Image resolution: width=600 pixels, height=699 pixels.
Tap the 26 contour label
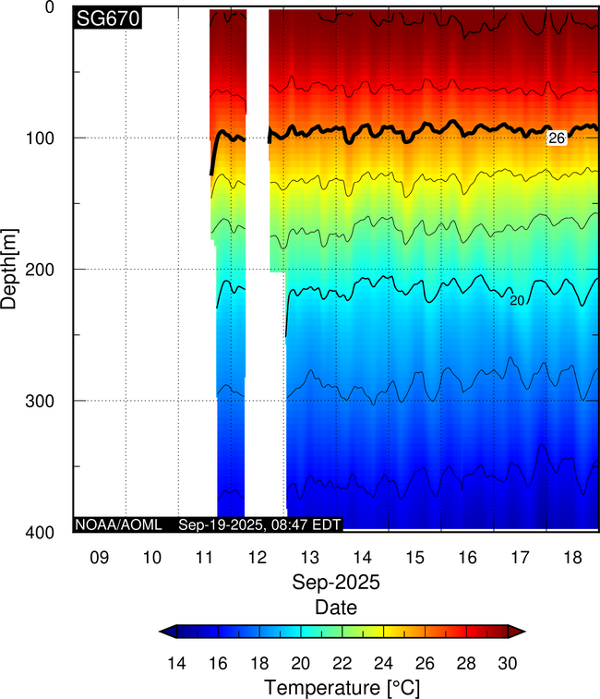(x=556, y=138)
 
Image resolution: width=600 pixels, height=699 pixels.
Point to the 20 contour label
(x=517, y=300)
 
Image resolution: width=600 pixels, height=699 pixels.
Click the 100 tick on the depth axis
(x=49, y=138)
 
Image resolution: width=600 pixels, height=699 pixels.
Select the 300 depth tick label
(x=49, y=401)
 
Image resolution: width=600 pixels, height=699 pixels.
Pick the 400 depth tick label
(x=49, y=532)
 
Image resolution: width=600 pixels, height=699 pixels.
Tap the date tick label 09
(x=99, y=558)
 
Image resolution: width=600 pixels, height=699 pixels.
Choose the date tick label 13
(x=309, y=558)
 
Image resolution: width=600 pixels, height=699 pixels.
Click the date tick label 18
(x=572, y=558)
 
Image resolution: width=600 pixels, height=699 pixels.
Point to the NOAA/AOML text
(x=119, y=524)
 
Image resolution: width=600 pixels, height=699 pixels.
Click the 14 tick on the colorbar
(x=178, y=663)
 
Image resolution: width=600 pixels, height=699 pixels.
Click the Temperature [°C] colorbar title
(x=342, y=687)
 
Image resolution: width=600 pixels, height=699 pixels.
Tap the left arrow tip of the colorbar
(x=162, y=632)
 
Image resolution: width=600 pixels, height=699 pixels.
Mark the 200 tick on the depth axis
(x=49, y=269)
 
